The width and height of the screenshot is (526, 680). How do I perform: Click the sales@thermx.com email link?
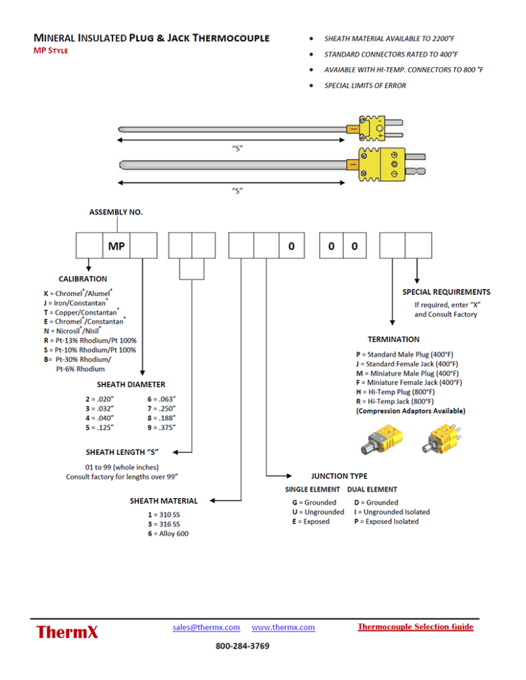pyautogui.click(x=206, y=627)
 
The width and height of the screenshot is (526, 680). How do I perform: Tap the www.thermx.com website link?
pyautogui.click(x=283, y=627)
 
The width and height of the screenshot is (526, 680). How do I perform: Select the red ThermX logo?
pyautogui.click(x=67, y=632)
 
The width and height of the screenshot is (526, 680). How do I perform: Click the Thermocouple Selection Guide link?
pyautogui.click(x=415, y=626)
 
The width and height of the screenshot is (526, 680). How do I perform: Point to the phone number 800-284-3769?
pyautogui.click(x=242, y=646)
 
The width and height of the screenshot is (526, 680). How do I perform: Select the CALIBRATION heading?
pyautogui.click(x=83, y=279)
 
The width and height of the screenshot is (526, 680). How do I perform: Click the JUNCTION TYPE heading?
pyautogui.click(x=339, y=476)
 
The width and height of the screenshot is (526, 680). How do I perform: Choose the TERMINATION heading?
pyautogui.click(x=394, y=339)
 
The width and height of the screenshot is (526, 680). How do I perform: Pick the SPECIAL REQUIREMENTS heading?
pyautogui.click(x=446, y=292)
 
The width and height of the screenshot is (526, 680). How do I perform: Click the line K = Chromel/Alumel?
pyautogui.click(x=78, y=293)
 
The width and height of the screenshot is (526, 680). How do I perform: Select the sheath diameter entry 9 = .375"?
pyautogui.click(x=161, y=428)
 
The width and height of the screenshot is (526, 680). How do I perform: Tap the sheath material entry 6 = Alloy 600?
pyautogui.click(x=168, y=534)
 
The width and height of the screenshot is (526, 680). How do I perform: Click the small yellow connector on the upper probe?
pyautogui.click(x=372, y=127)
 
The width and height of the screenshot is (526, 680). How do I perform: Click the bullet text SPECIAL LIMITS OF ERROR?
pyautogui.click(x=365, y=86)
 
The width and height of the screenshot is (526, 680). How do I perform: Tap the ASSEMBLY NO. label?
pyautogui.click(x=116, y=212)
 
